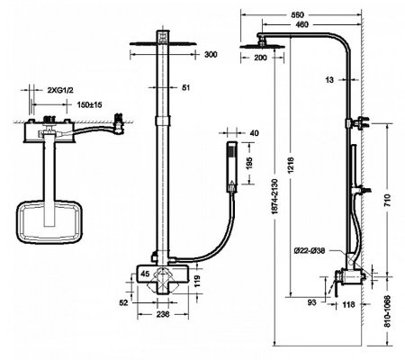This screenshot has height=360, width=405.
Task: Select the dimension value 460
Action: pyautogui.click(x=308, y=24)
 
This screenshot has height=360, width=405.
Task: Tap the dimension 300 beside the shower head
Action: pyautogui.click(x=211, y=55)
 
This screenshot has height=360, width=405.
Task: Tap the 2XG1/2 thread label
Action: pyautogui.click(x=62, y=91)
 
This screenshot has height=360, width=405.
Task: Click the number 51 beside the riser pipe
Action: pyautogui.click(x=186, y=88)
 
